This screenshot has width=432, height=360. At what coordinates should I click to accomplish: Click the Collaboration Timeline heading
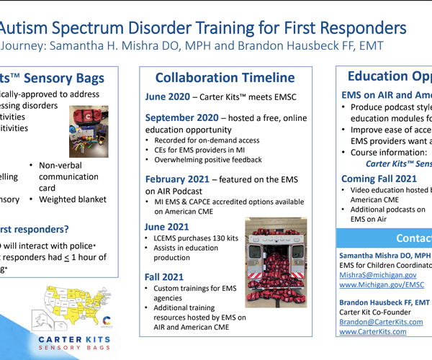pos(225,78)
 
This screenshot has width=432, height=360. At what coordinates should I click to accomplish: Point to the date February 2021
pos(179,179)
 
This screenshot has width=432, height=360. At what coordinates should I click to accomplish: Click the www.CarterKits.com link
pos(372,332)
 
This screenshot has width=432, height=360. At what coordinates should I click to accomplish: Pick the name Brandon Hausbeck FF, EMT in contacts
pos(385,302)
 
